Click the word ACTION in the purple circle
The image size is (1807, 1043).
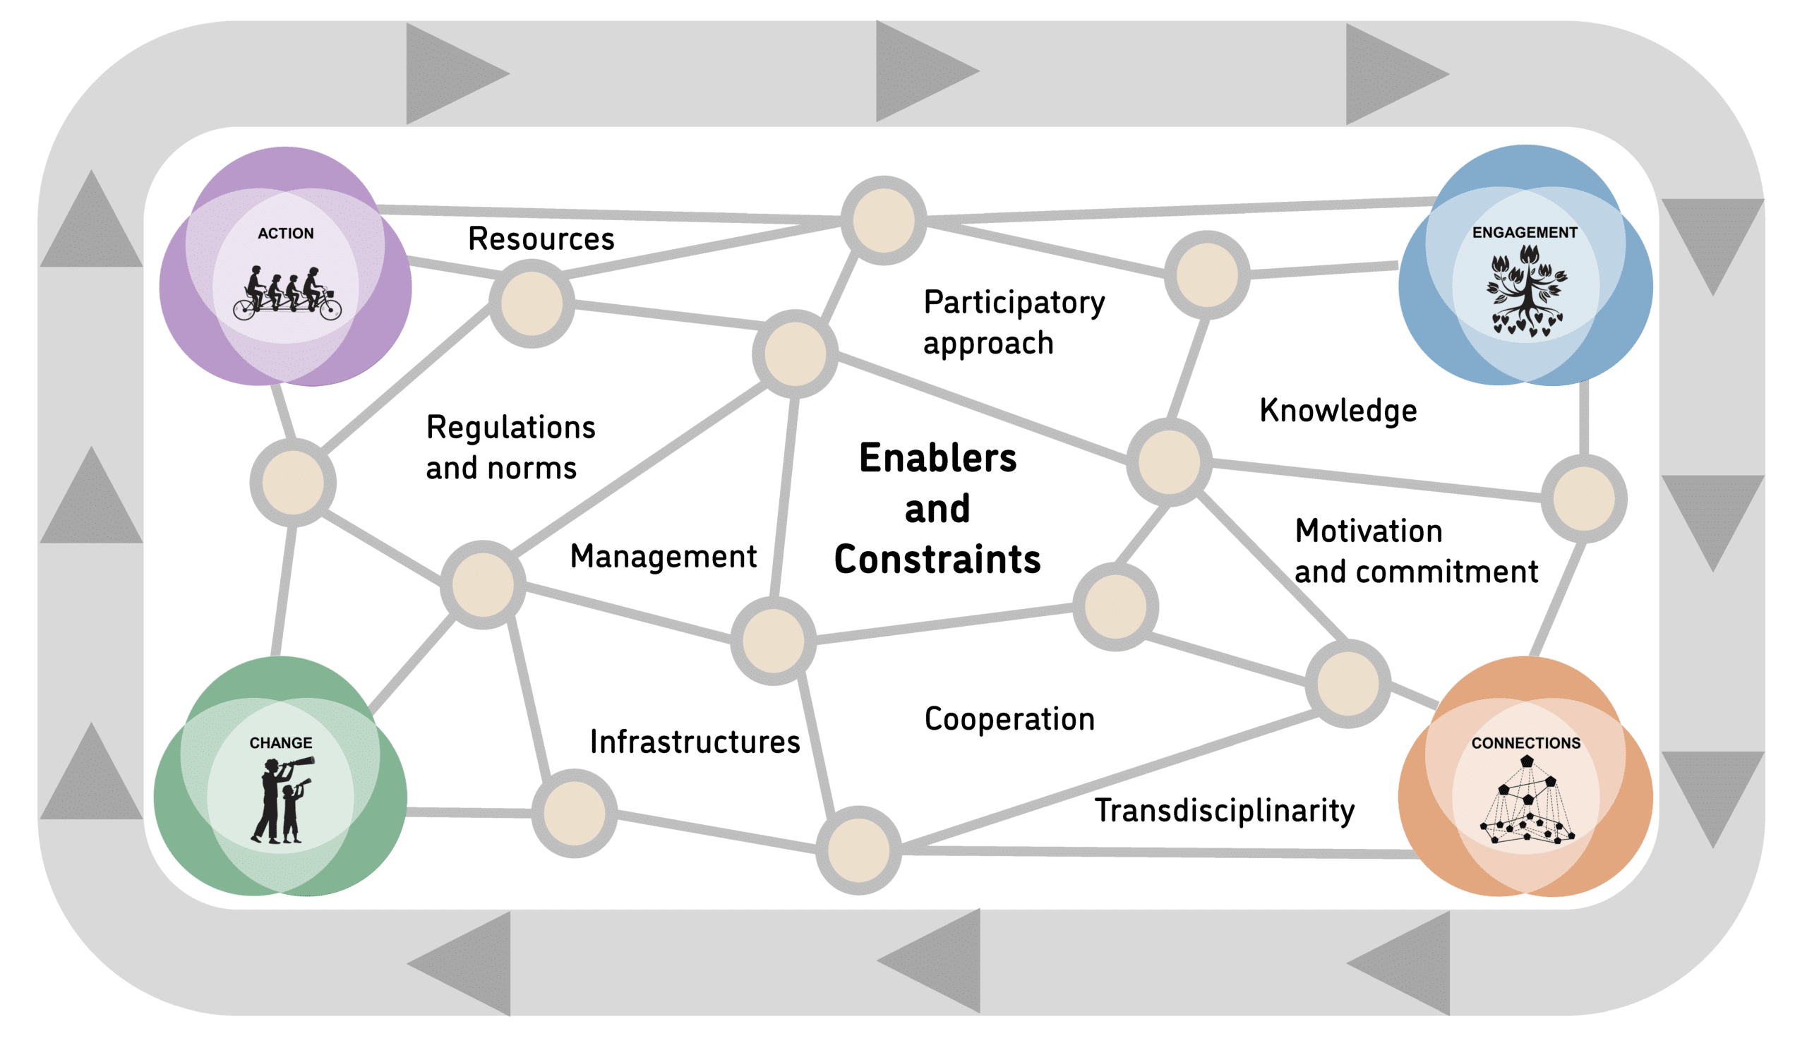285,234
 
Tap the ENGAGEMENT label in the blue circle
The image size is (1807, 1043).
1524,233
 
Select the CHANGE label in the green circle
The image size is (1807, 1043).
280,743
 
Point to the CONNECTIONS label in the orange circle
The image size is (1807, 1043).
1525,743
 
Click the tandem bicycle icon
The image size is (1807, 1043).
287,294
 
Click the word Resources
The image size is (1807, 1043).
541,239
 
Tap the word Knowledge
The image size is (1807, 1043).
1338,411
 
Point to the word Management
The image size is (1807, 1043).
663,557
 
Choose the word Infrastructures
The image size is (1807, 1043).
695,742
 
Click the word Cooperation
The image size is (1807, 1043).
1009,719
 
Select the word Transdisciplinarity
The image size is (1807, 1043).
1224,811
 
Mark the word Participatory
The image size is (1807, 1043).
1014,303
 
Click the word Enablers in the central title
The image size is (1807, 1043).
937,459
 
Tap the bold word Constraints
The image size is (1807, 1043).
937,560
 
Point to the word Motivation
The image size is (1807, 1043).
1368,531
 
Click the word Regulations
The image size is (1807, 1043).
510,428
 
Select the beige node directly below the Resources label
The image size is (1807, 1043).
531,303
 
